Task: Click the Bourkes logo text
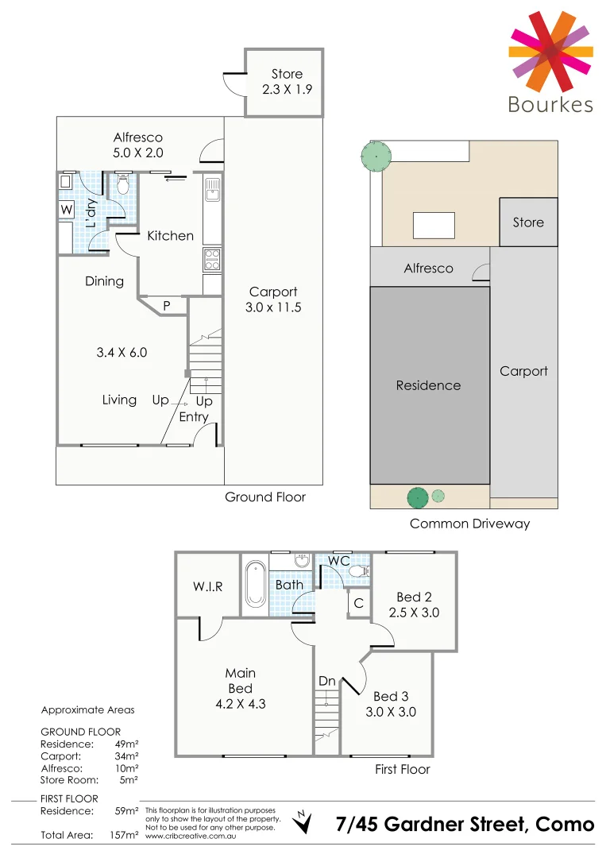pyautogui.click(x=550, y=104)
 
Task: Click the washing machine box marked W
pyautogui.click(x=65, y=211)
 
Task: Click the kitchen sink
pyautogui.click(x=211, y=189)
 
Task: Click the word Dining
pyautogui.click(x=105, y=281)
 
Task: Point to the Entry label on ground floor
pyautogui.click(x=194, y=417)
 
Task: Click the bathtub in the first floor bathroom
pyautogui.click(x=254, y=584)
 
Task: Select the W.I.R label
pyautogui.click(x=208, y=587)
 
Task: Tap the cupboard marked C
pyautogui.click(x=359, y=604)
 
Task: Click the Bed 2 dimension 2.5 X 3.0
pyautogui.click(x=414, y=613)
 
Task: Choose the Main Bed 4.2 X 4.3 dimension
pyautogui.click(x=240, y=703)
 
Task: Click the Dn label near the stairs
pyautogui.click(x=326, y=681)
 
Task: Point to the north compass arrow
pyautogui.click(x=302, y=823)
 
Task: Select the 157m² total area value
pyautogui.click(x=124, y=835)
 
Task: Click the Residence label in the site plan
pyautogui.click(x=428, y=385)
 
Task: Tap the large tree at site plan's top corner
pyautogui.click(x=374, y=156)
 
